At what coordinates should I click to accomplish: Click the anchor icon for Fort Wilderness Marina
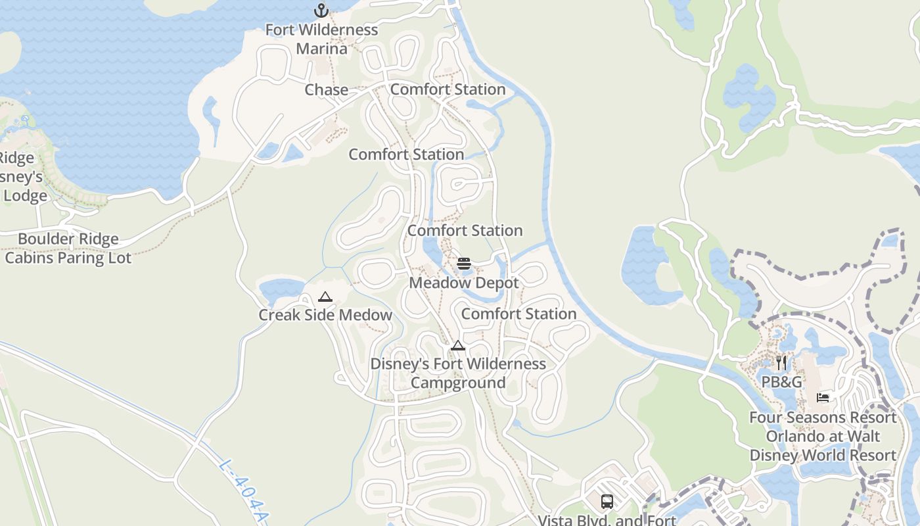[321, 10]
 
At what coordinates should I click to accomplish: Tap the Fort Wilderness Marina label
[321, 39]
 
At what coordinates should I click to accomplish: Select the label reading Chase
[327, 89]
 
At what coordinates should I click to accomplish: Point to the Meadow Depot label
[464, 283]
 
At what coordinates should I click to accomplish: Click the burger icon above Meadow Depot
[464, 264]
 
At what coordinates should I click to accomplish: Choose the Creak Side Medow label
[325, 315]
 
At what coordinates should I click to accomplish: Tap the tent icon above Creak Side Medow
[325, 297]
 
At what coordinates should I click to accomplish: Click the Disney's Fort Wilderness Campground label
[458, 373]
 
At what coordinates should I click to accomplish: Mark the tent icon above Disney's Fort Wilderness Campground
[458, 346]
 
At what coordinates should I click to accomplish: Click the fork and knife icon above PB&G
[781, 363]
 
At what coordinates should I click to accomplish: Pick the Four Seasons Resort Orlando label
[823, 436]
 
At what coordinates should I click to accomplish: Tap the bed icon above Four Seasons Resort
[823, 397]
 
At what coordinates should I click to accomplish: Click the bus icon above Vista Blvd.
[607, 502]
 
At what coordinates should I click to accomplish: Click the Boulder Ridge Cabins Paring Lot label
[68, 248]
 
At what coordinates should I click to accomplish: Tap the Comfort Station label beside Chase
[448, 89]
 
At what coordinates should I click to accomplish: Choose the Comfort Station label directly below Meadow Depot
[519, 314]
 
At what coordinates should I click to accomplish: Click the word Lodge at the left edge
[26, 196]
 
